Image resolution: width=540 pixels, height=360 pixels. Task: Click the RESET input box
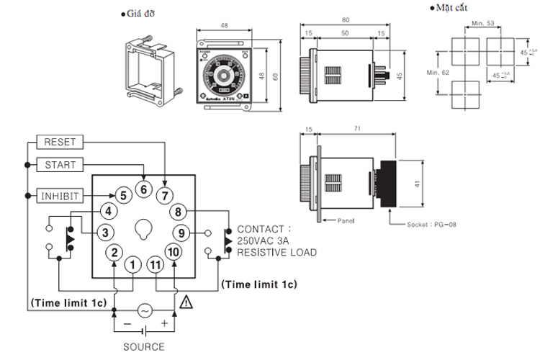(60, 142)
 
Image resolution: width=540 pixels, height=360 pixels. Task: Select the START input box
(60, 165)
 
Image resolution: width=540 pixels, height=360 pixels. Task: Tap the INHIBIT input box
(60, 195)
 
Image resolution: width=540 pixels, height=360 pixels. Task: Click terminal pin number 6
(143, 190)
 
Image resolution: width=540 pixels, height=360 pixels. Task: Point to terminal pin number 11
(156, 265)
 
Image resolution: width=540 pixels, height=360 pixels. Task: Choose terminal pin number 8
(179, 212)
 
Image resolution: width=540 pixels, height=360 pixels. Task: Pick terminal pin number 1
(132, 265)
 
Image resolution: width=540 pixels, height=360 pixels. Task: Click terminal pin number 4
(108, 212)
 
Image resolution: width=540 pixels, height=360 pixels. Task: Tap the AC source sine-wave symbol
(144, 311)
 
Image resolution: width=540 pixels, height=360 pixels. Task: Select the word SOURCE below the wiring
(144, 347)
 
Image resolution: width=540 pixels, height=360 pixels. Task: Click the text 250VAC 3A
(266, 240)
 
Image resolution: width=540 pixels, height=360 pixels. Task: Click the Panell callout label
(346, 220)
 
